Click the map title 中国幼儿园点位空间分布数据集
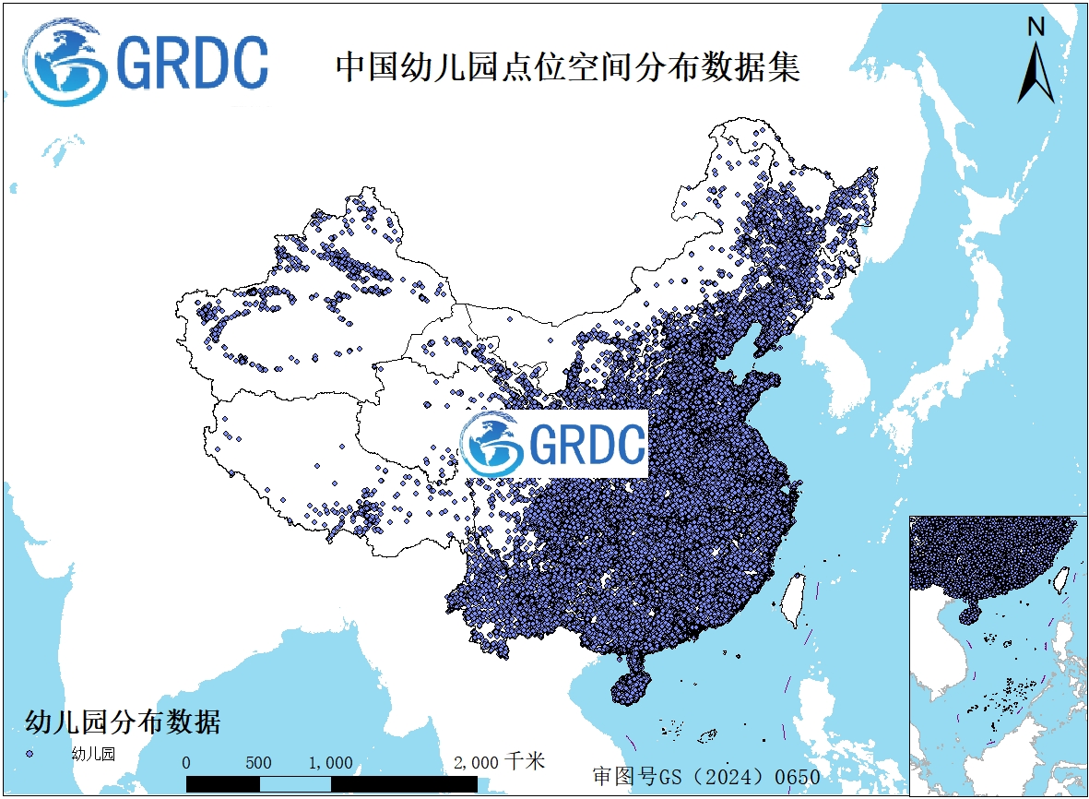point(567,67)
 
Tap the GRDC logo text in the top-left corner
point(193,63)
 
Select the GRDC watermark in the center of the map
point(554,444)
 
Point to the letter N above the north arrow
point(1036,28)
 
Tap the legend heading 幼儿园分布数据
point(122,721)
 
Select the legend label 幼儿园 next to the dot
point(93,754)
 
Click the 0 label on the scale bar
point(186,763)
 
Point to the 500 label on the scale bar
point(259,763)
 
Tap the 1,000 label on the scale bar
point(331,763)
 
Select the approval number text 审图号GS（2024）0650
point(706,776)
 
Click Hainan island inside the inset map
point(969,613)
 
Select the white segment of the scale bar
point(295,783)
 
